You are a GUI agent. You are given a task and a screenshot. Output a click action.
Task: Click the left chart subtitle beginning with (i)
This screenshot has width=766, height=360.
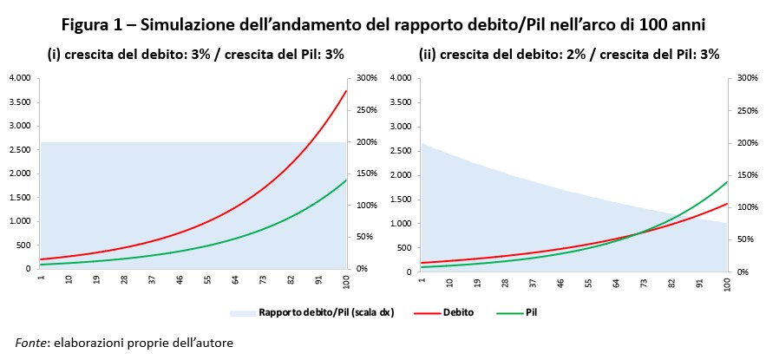click(x=195, y=54)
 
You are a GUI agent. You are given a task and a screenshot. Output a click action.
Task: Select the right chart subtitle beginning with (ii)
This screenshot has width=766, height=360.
click(x=569, y=54)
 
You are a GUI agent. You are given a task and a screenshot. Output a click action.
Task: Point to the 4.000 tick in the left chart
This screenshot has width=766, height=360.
click(x=19, y=78)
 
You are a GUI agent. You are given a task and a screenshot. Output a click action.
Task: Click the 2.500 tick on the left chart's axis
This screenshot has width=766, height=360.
click(x=19, y=150)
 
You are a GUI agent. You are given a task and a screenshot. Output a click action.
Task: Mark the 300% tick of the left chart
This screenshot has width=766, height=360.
click(x=364, y=78)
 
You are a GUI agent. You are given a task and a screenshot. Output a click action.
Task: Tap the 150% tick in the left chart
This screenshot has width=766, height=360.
click(x=364, y=173)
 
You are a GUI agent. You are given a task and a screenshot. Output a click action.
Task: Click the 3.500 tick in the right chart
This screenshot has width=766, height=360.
click(x=399, y=102)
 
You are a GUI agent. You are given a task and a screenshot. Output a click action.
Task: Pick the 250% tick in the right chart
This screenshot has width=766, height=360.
click(x=744, y=110)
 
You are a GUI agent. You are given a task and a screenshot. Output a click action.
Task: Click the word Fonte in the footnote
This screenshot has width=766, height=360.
click(x=32, y=342)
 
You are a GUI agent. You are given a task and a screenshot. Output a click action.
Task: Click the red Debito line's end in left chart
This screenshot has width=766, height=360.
click(x=346, y=90)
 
